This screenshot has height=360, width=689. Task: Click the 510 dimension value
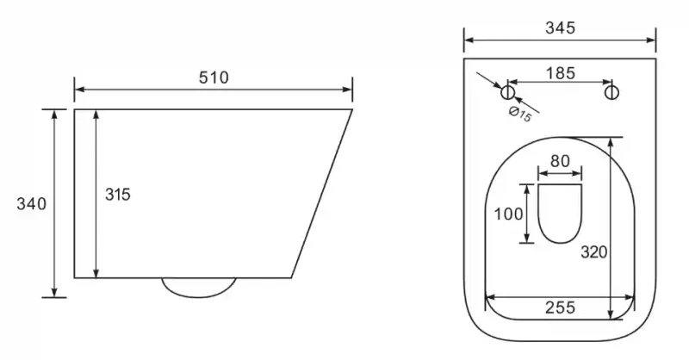pos(214,78)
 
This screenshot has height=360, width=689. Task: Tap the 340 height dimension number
pos(31,204)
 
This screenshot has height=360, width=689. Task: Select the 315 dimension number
pos(118,195)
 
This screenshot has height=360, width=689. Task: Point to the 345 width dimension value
pos(560,28)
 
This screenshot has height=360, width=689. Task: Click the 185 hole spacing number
pos(561,73)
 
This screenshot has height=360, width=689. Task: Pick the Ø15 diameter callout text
pos(520,115)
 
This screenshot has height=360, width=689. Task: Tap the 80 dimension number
pos(560,161)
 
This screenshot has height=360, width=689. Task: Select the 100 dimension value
pos(508,214)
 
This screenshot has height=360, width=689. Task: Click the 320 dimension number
pos(594,252)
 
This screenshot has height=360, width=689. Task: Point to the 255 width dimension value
pos(561,307)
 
